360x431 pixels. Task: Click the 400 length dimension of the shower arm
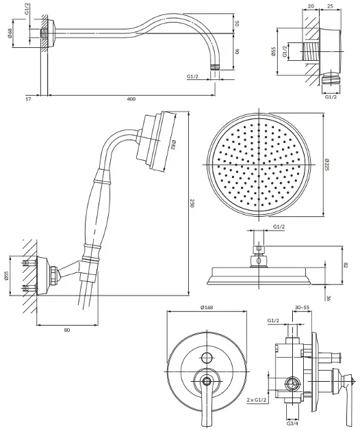click(131, 99)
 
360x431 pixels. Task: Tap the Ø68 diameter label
click(10, 34)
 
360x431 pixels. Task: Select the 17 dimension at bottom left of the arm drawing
click(28, 99)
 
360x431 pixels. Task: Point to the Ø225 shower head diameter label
click(327, 164)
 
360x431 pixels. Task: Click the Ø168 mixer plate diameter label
click(207, 307)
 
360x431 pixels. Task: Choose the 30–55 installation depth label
click(302, 308)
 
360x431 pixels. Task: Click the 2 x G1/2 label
click(257, 400)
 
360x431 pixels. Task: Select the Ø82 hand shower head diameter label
click(173, 145)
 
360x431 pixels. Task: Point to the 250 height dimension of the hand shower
click(192, 204)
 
